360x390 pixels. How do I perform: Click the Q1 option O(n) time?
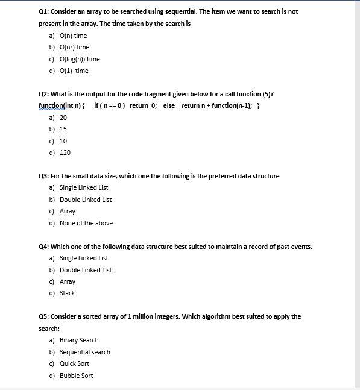(73, 36)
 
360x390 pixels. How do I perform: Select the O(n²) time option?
(74, 47)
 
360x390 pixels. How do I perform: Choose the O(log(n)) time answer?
(80, 59)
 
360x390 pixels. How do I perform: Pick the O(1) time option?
(74, 71)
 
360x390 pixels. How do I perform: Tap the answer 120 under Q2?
(65, 153)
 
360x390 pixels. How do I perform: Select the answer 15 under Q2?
(63, 129)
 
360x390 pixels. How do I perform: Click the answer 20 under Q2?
(63, 118)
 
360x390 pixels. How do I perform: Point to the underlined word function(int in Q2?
(56, 106)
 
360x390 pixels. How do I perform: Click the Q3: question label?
(43, 176)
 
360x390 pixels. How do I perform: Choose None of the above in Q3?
(86, 223)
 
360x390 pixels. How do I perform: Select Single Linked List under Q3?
(84, 187)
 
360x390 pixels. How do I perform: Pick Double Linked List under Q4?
(86, 270)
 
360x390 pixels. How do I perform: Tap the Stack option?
(67, 293)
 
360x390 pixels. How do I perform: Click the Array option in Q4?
(68, 281)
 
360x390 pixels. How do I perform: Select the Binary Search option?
(79, 340)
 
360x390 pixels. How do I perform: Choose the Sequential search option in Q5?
(84, 352)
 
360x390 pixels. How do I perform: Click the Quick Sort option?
(74, 363)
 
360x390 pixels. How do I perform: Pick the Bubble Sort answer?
(76, 376)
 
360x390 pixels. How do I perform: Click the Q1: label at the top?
(43, 11)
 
